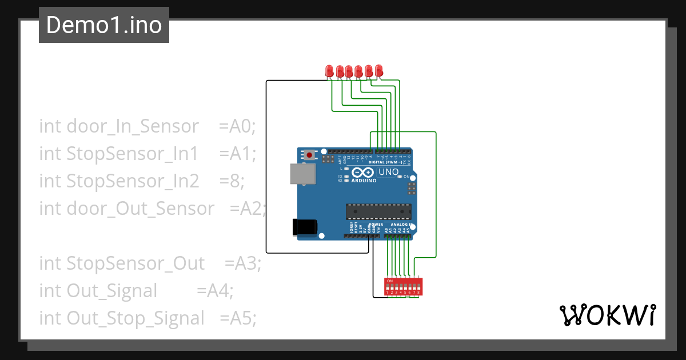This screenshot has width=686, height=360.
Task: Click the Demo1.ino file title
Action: coord(103,25)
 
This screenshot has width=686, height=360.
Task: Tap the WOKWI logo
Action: coord(607,315)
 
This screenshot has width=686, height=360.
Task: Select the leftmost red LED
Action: coord(329,71)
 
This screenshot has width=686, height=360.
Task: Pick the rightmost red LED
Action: coord(378,70)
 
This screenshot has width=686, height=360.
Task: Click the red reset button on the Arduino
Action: coord(310,154)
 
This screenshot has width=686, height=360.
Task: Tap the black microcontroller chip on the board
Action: coord(378,211)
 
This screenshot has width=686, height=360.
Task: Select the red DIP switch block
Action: coord(404,286)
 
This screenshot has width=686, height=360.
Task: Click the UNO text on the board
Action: coord(388,171)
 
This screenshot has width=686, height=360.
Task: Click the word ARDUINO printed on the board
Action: coord(364,181)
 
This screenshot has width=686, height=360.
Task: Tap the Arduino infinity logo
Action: coord(364,172)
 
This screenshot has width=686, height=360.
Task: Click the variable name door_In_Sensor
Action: coord(133,126)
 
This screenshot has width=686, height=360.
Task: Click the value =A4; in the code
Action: coord(215,290)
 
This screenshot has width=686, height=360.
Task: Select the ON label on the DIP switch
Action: coord(390,281)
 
